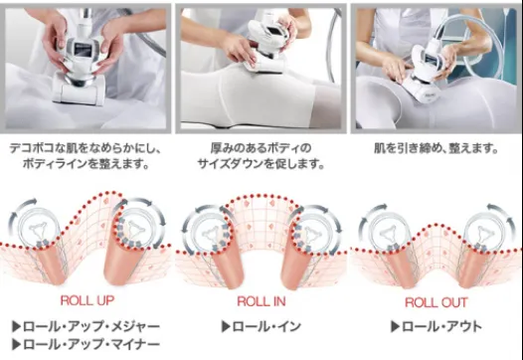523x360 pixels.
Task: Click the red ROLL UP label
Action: (x=87, y=300)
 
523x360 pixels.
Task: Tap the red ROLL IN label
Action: (x=261, y=301)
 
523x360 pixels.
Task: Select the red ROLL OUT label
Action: (x=436, y=302)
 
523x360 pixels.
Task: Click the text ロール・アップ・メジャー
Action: (x=91, y=326)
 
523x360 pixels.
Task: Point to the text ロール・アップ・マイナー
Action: (x=91, y=344)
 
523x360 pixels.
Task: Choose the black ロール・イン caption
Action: (x=266, y=326)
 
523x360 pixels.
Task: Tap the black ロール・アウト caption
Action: (x=441, y=326)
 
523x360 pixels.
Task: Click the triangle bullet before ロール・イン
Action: (x=226, y=326)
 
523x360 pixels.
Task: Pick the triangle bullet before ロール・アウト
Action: (x=396, y=326)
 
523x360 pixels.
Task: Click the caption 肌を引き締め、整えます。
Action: (x=436, y=148)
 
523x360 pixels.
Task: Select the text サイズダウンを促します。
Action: (x=261, y=164)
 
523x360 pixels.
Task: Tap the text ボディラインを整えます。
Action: (x=86, y=164)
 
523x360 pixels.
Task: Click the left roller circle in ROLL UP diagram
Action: (x=38, y=228)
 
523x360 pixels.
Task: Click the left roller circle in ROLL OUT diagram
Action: (x=389, y=231)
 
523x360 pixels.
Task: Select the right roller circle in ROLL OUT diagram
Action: (x=483, y=231)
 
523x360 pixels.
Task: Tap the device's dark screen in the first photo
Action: (x=83, y=51)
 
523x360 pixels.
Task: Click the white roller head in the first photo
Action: (x=79, y=91)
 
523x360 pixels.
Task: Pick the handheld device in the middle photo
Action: (x=265, y=45)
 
